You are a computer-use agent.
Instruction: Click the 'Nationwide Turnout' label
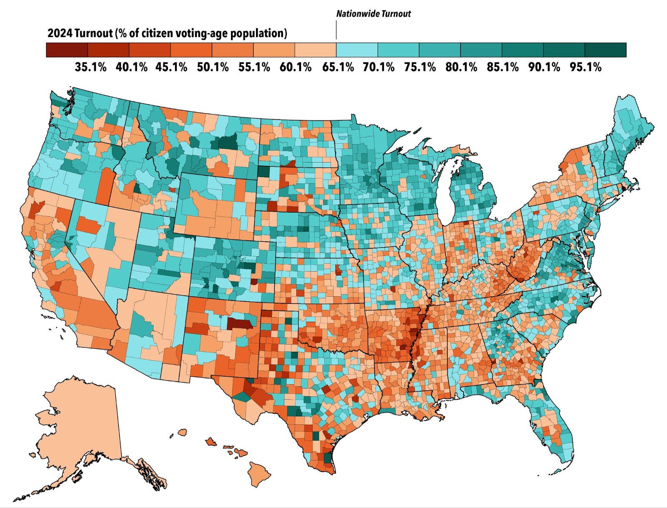373,14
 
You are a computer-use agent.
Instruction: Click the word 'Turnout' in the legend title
93,33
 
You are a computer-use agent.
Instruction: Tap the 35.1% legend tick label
90,67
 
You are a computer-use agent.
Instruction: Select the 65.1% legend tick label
338,67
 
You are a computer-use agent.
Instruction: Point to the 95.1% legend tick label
586,67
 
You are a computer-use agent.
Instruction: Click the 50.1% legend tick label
213,67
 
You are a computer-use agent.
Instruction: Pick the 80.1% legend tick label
461,67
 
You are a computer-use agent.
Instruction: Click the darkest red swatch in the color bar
67,50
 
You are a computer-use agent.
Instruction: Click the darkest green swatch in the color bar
605,50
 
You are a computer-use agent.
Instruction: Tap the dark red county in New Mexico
240,323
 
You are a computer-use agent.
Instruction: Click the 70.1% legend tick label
379,67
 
